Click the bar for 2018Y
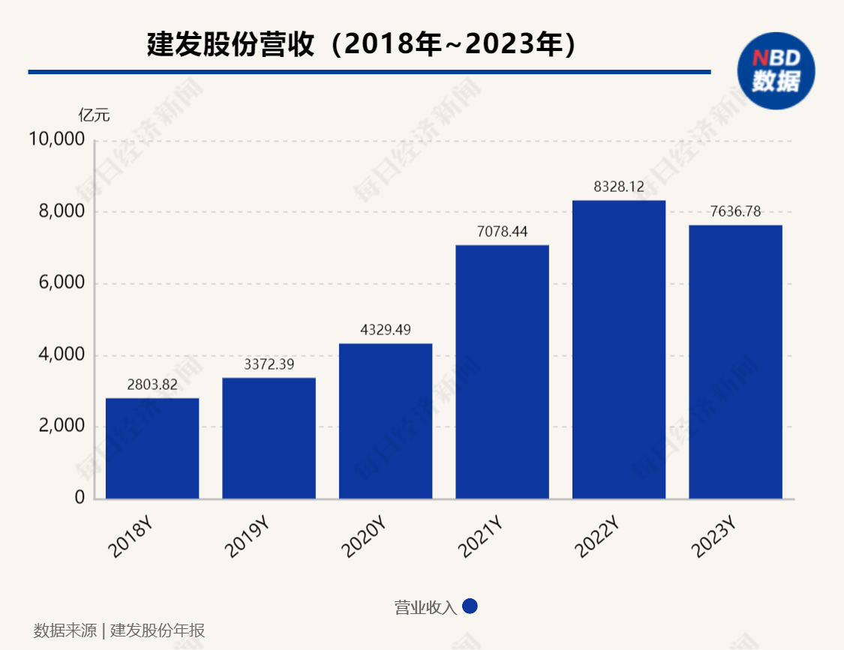click(152, 448)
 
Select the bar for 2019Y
click(269, 438)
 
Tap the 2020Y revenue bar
click(386, 421)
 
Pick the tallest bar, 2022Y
click(619, 349)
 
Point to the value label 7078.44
click(502, 232)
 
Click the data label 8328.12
click(619, 187)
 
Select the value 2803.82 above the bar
click(152, 385)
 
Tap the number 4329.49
click(386, 331)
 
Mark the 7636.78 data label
click(735, 212)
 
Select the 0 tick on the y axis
click(79, 499)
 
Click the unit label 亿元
click(94, 115)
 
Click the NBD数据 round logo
click(776, 69)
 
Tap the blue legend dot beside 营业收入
click(470, 607)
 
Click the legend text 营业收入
click(425, 607)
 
